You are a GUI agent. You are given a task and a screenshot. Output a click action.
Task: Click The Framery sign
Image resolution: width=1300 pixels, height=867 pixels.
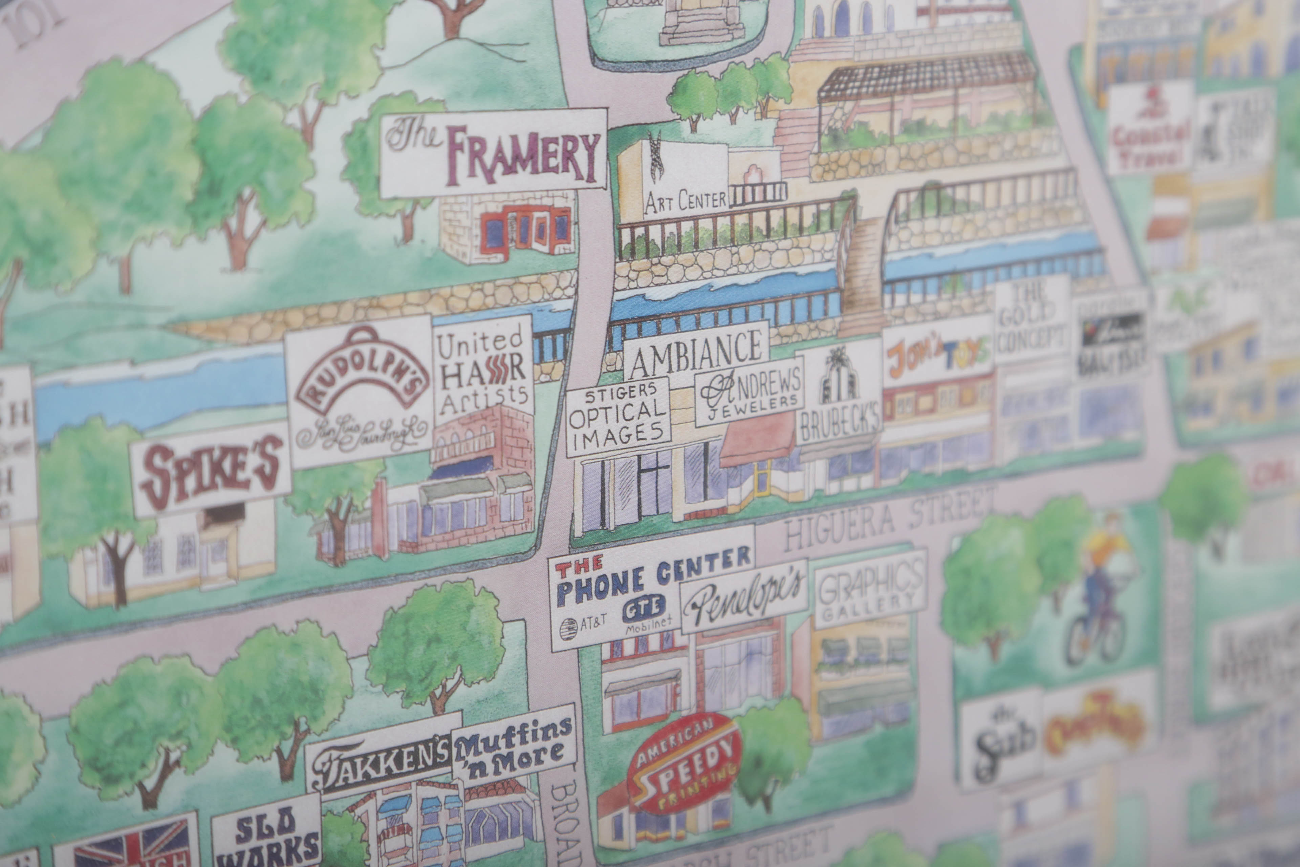coord(494,153)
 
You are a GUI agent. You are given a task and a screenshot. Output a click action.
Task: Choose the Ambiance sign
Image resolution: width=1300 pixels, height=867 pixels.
coord(695,350)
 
